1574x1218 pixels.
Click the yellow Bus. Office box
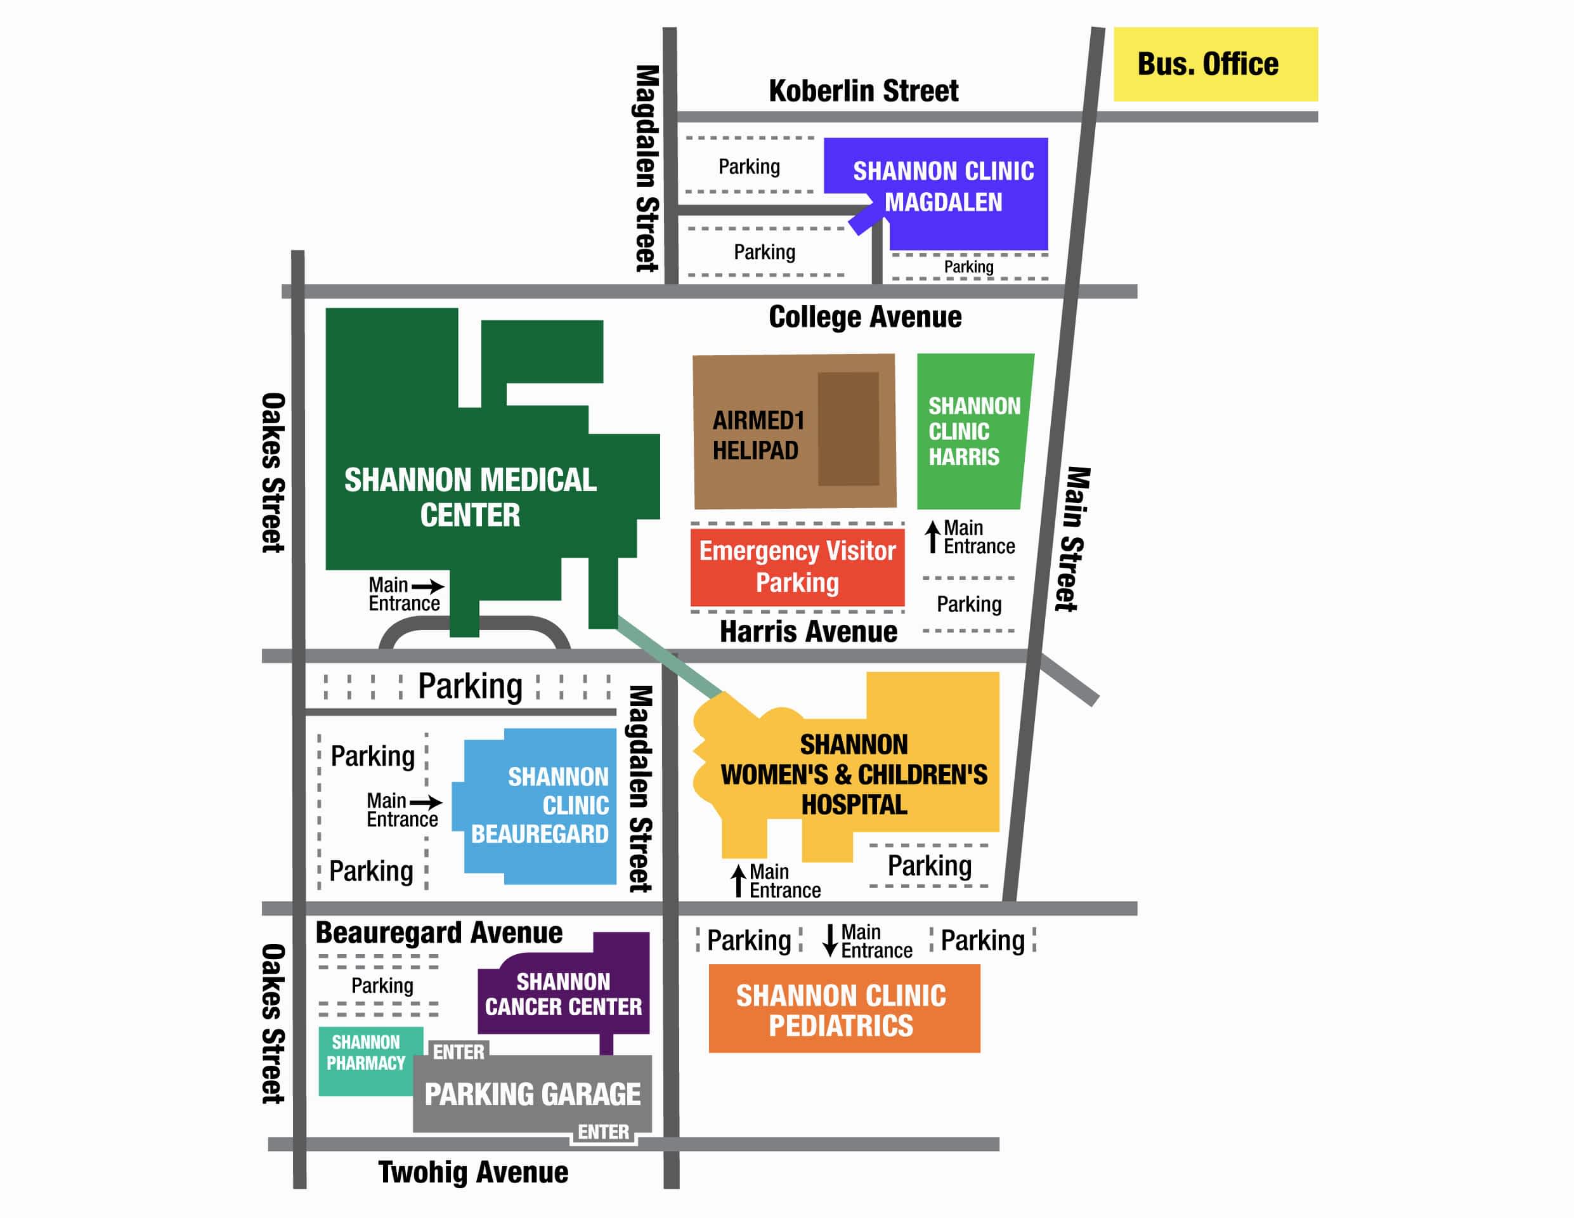click(x=1215, y=64)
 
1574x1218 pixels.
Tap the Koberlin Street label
click(x=863, y=91)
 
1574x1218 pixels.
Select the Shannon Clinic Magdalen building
click(x=944, y=189)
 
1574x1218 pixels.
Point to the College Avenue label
click(x=865, y=317)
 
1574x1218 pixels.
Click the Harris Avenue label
click(x=809, y=632)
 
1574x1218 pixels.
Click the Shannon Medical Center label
click(x=470, y=497)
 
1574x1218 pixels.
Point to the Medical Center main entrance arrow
click(x=427, y=586)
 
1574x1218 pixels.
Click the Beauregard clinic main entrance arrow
click(x=426, y=802)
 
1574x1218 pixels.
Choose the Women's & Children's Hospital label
click(x=854, y=775)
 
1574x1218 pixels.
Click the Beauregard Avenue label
click(x=439, y=933)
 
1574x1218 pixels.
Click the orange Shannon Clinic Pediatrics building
click(x=844, y=1009)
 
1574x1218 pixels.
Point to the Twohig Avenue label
click(x=474, y=1172)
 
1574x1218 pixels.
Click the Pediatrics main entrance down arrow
click(x=830, y=940)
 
